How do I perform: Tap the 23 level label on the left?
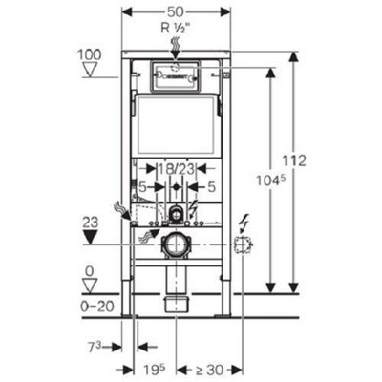point(90,220)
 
